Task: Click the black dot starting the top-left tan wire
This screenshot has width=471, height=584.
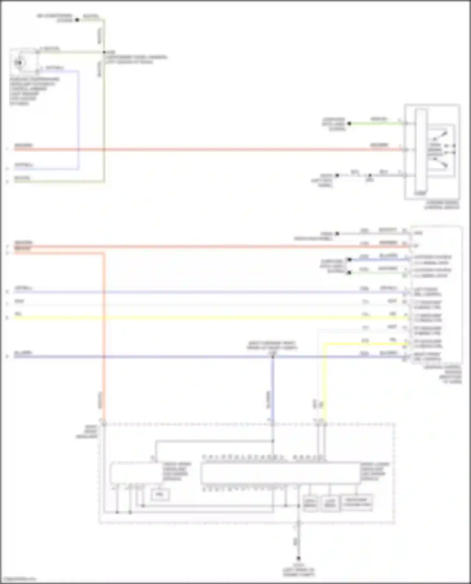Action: coord(77,20)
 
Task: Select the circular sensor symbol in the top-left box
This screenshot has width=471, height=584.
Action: coord(19,63)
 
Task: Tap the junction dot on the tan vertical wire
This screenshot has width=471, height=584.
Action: coord(104,52)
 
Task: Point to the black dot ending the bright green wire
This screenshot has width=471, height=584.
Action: coord(349,124)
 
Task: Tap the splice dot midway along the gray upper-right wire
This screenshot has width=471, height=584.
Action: coord(370,175)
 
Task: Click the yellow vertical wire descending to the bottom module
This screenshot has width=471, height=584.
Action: coord(325,383)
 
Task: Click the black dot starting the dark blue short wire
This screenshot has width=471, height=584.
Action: coord(349,260)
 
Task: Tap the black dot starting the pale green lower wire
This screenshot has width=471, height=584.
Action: coord(349,272)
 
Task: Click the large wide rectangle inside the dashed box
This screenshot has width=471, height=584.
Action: coord(280,473)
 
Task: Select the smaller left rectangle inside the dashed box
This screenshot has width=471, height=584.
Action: coord(136,473)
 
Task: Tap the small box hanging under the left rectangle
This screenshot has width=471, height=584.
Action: coord(160,495)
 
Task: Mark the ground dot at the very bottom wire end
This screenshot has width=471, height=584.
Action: coord(299,558)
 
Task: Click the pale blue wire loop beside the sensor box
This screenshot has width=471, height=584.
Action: coord(78,119)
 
